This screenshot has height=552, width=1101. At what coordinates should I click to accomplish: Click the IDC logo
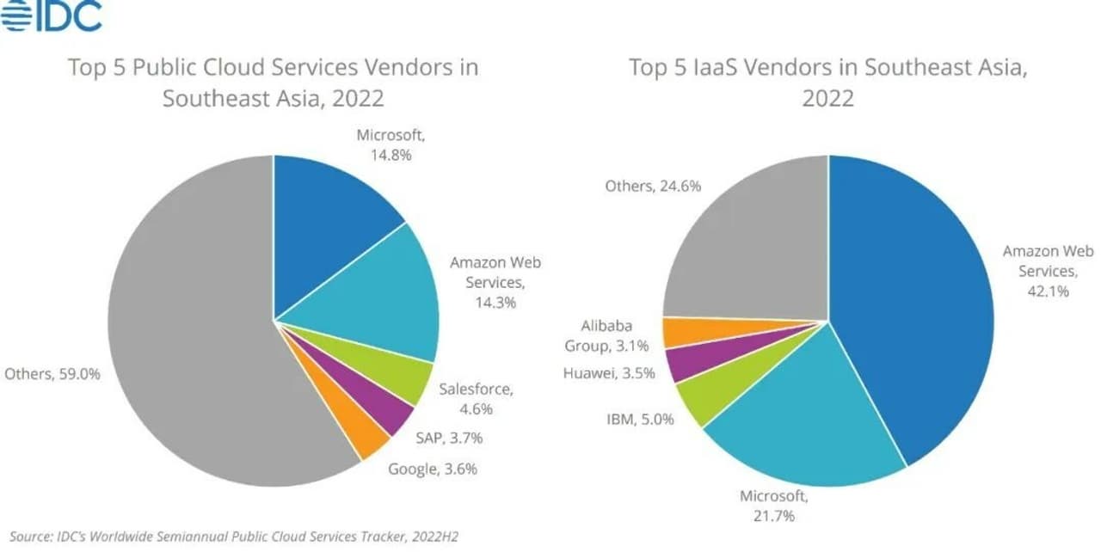(52, 15)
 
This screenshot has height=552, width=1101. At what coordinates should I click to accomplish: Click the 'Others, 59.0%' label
(52, 374)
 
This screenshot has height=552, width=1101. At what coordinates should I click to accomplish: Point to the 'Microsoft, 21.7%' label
(774, 506)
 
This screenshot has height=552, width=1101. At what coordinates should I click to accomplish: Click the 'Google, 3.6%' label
(432, 469)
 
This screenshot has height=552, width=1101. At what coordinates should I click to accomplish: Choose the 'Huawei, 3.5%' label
(608, 373)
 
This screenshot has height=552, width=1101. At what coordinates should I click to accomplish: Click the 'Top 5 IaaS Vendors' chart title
(827, 82)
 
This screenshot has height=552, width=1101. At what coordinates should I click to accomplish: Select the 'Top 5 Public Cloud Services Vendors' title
(273, 82)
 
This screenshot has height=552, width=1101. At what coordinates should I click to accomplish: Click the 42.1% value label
(1047, 291)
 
